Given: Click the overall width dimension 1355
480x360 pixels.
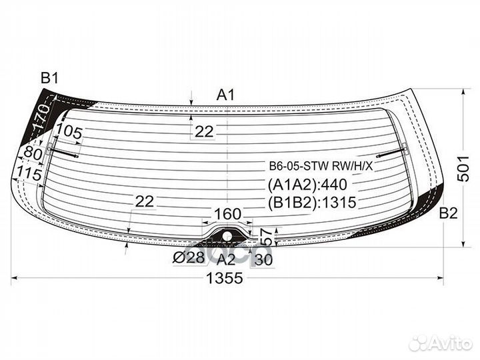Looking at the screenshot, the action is [225, 278].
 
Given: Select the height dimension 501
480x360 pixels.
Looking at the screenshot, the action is [464, 169].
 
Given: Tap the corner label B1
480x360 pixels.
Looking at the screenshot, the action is [49, 79].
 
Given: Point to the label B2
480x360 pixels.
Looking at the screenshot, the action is [449, 213].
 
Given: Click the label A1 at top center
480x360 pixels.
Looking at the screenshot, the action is [225, 95].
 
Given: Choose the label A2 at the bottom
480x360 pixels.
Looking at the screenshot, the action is [226, 260].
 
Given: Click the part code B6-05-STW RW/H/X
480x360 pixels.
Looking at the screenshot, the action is [321, 167].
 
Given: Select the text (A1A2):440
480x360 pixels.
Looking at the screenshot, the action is [307, 185].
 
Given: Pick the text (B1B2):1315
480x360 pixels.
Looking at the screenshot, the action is [312, 203].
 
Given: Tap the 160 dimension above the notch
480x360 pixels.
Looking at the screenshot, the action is [228, 214].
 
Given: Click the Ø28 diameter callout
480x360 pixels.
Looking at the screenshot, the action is [188, 258].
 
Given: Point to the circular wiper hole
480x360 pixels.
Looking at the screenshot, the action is [227, 236].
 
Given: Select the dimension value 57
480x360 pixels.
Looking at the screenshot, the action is [267, 237].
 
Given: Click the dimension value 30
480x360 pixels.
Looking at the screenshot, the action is [263, 260].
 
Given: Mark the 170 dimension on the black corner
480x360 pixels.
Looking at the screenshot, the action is [41, 117].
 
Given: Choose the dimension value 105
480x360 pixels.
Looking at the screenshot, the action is [69, 132].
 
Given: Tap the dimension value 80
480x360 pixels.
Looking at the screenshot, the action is [33, 153].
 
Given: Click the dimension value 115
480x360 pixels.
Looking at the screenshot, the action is [29, 173].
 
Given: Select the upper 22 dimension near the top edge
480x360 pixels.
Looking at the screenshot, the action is [204, 131].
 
